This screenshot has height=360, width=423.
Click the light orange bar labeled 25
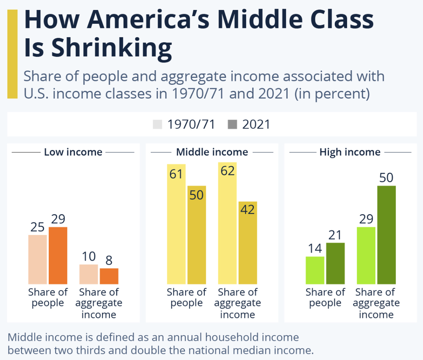click(37, 259)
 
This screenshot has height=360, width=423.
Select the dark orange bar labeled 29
click(58, 255)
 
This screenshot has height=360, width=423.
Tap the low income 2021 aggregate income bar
click(109, 276)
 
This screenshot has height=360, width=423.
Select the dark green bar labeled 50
click(387, 234)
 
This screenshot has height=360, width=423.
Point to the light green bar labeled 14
click(315, 270)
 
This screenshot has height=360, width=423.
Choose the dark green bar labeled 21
click(335, 263)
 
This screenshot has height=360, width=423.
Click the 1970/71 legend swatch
click(157, 124)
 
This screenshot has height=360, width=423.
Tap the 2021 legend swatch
click(232, 124)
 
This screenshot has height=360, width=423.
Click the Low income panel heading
click(73, 152)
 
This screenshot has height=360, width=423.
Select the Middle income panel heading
click(212, 152)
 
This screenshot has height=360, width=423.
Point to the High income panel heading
click(350, 152)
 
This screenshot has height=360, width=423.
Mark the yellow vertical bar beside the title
click(12, 54)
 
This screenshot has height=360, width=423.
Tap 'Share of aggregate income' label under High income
click(376, 303)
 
